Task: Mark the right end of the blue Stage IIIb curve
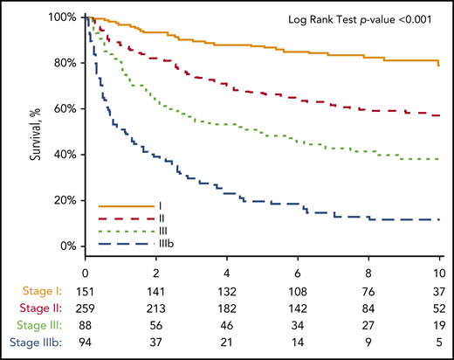coord(438,219)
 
